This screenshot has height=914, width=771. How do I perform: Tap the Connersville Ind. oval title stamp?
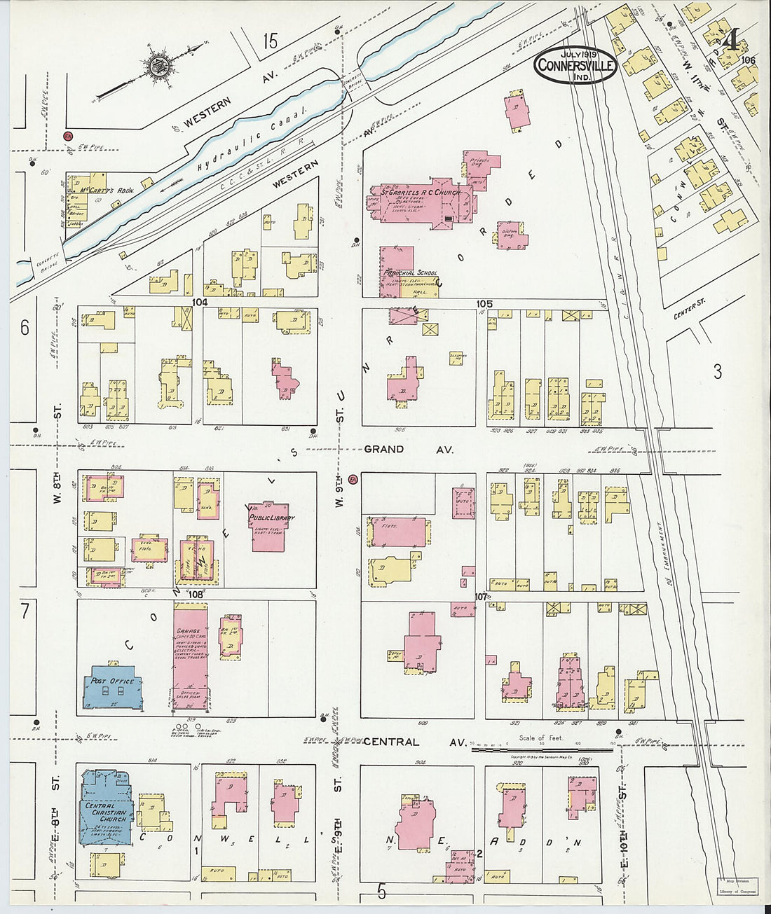click(x=575, y=66)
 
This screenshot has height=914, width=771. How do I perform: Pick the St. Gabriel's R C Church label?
click(x=416, y=190)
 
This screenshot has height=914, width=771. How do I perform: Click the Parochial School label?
click(x=409, y=272)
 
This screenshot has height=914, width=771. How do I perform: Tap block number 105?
click(x=484, y=303)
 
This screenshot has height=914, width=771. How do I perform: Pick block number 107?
click(x=480, y=596)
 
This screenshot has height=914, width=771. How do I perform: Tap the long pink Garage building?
click(x=189, y=658)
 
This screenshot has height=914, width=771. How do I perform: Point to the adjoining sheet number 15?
click(x=271, y=41)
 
